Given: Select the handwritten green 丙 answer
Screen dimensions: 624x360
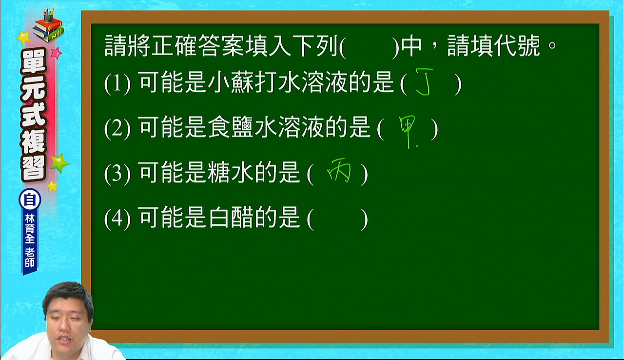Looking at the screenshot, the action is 339,170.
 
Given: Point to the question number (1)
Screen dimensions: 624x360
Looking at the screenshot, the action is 117,83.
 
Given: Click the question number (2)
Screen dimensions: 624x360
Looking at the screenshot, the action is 117,128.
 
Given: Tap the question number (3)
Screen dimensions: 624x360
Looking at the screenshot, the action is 117,174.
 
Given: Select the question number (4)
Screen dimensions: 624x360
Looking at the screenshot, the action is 117,219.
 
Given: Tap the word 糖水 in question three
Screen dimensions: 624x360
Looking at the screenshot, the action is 231,173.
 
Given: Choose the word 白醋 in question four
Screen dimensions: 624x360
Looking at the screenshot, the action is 231,218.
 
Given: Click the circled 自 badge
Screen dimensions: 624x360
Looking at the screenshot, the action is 30,200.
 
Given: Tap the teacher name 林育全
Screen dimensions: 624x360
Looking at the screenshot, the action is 30,229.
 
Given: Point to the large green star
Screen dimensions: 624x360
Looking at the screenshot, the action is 59,163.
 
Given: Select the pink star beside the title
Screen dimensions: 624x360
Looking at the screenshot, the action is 56,53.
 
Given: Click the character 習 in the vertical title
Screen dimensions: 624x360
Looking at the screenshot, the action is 34,168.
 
